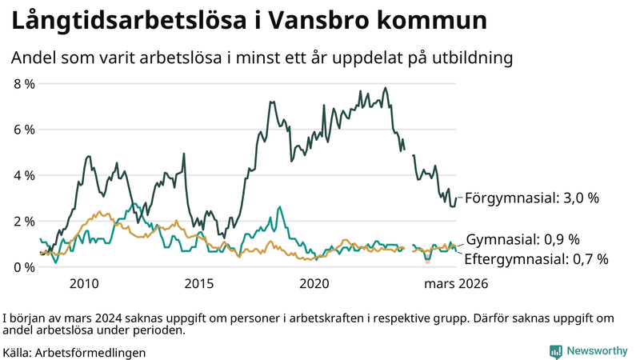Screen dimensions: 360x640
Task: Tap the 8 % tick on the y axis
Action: pyautogui.click(x=24, y=83)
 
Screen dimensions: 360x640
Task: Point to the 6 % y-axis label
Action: pyautogui.click(x=24, y=130)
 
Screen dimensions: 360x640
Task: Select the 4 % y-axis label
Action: pyautogui.click(x=24, y=175)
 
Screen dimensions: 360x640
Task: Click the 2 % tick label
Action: pyautogui.click(x=24, y=221)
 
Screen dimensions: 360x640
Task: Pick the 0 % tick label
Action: pyautogui.click(x=24, y=267)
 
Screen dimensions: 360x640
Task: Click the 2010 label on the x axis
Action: pyautogui.click(x=84, y=284)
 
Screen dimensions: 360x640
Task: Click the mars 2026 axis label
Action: pyautogui.click(x=456, y=284)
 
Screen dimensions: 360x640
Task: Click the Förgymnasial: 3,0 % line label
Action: pyautogui.click(x=532, y=198)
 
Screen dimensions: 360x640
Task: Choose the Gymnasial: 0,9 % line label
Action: pyautogui.click(x=522, y=240)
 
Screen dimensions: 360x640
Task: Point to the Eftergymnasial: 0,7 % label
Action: pyautogui.click(x=536, y=258)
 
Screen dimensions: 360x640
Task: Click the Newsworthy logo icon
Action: pyautogui.click(x=555, y=351)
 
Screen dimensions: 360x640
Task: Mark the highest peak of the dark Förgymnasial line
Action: pyautogui.click(x=386, y=88)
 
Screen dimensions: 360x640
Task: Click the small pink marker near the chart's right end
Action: pyautogui.click(x=428, y=262)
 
